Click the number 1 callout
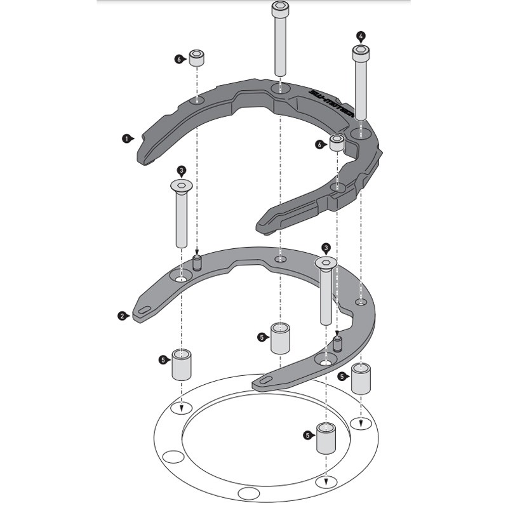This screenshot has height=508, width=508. [127, 137]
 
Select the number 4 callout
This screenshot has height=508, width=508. [361, 36]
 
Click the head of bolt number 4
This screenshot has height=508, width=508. [360, 50]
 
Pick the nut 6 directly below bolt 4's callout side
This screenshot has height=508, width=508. [337, 143]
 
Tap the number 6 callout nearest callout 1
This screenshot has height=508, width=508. [179, 59]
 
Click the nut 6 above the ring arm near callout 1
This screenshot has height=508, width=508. [197, 58]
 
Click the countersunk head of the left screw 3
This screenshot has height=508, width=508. [182, 185]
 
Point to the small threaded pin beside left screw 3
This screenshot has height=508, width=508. [197, 262]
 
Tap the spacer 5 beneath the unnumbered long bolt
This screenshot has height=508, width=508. [280, 338]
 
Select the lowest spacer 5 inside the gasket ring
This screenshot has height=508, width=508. [326, 438]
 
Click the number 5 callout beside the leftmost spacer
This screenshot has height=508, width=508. [163, 360]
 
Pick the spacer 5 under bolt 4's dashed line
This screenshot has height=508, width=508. [361, 378]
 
